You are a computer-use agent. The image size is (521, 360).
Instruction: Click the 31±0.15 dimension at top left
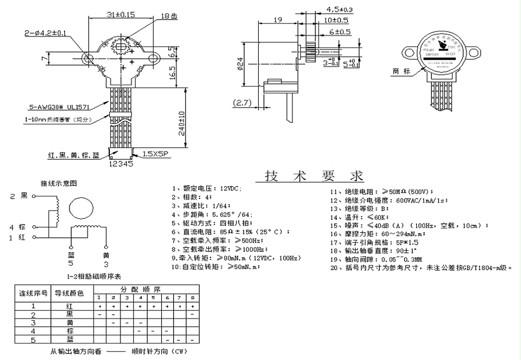[120, 15]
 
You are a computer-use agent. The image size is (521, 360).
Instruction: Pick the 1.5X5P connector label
[155, 153]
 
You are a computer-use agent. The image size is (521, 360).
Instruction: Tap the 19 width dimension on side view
[277, 20]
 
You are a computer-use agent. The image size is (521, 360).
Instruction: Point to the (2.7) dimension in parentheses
[242, 103]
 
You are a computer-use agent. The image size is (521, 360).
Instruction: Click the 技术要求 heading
[314, 176]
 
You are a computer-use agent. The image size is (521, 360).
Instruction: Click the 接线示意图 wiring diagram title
[58, 183]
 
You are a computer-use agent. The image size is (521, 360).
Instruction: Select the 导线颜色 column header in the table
[69, 293]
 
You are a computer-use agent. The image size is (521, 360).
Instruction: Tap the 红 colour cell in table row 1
[69, 306]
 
